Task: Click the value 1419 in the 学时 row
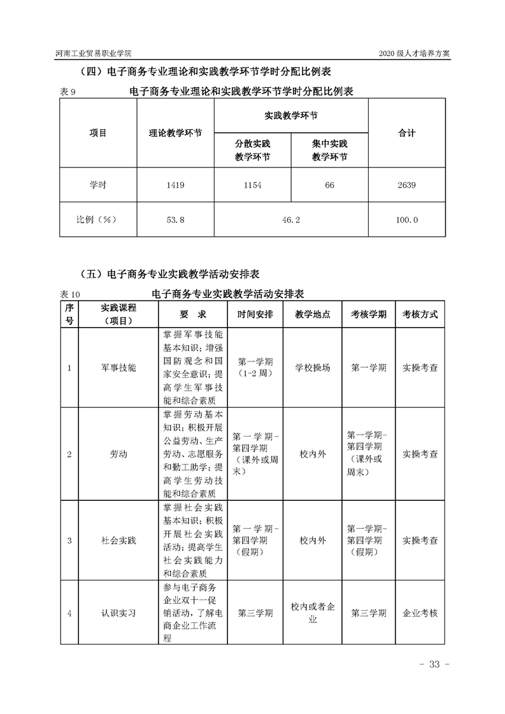tap(175, 185)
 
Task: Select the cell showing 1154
tap(252, 185)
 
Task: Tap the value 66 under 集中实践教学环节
tap(329, 185)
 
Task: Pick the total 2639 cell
tap(406, 185)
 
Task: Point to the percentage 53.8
tap(175, 220)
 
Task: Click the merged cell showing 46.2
tap(290, 220)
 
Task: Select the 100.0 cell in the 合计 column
tap(406, 220)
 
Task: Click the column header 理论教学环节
tap(175, 134)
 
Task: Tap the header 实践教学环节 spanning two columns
tap(291, 116)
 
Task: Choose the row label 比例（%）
tap(98, 220)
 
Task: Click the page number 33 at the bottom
tap(434, 664)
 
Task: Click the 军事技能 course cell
tap(118, 368)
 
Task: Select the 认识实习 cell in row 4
tap(118, 613)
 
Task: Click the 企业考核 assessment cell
tap(420, 613)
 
